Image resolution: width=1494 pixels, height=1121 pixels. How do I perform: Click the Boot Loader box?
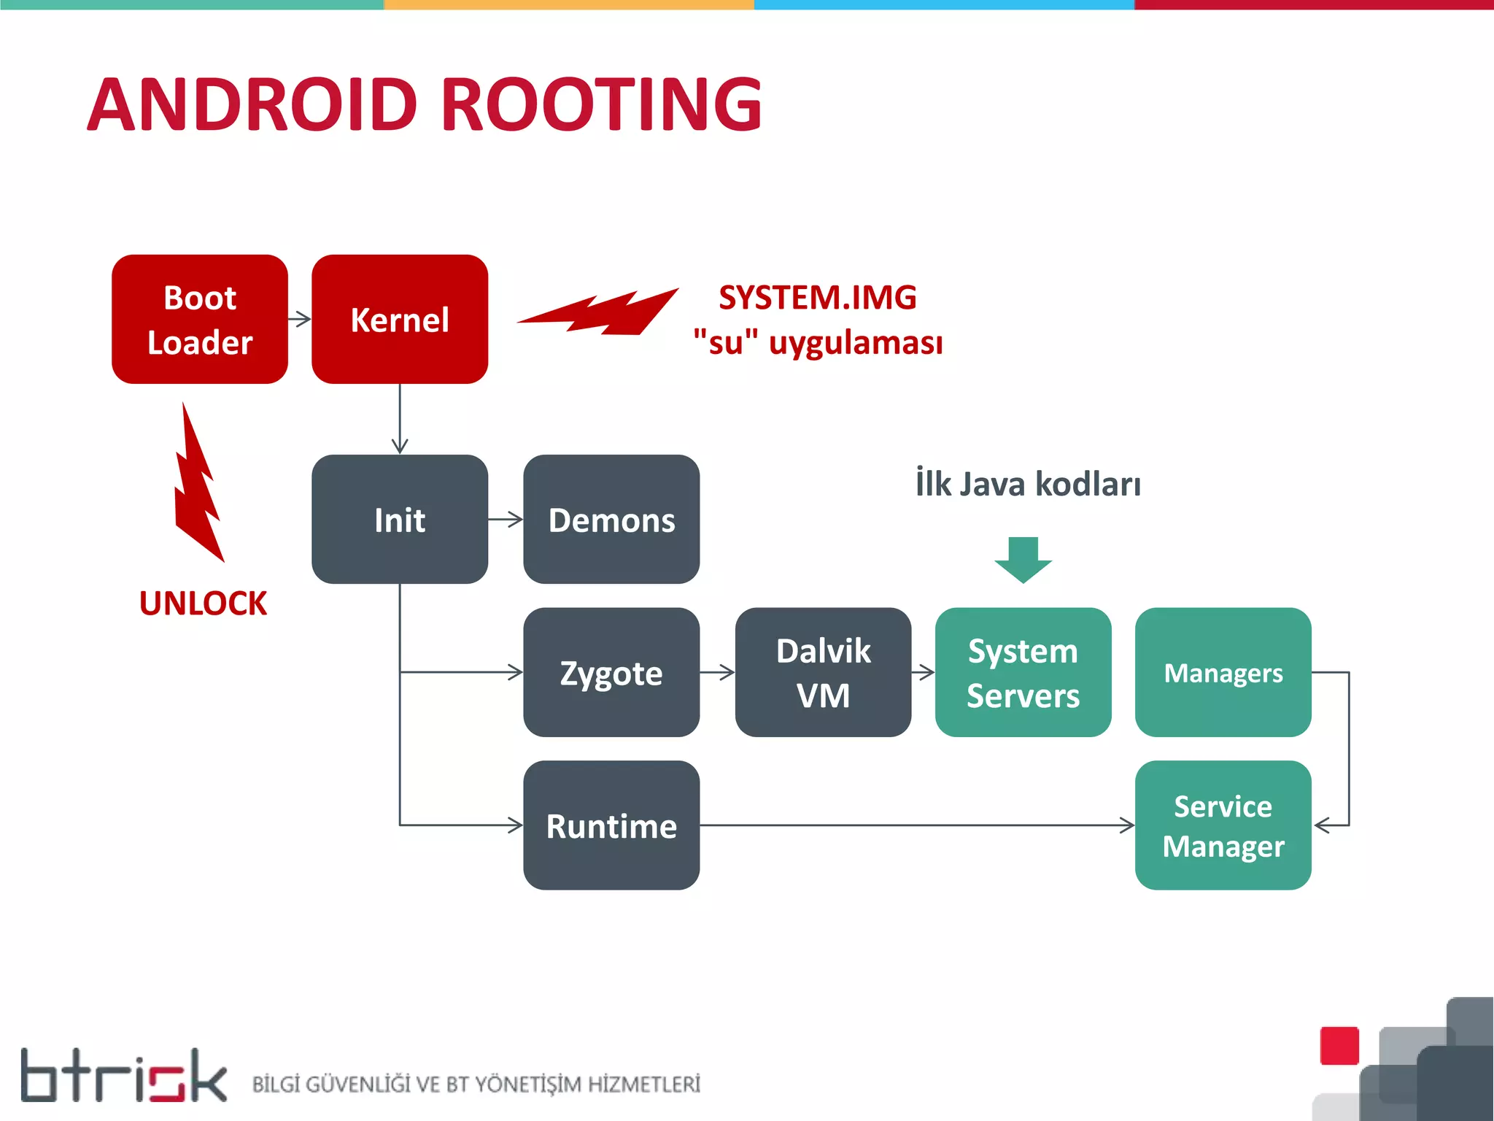[x=199, y=319]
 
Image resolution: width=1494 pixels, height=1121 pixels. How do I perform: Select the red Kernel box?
[x=399, y=319]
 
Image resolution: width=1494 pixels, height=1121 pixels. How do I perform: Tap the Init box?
[x=399, y=519]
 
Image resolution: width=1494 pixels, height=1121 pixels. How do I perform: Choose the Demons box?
[x=611, y=519]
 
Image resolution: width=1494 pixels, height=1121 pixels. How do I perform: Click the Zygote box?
[x=611, y=672]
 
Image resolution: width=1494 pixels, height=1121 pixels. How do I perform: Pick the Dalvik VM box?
[x=823, y=672]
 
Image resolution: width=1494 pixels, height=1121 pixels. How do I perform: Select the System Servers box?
[x=1023, y=672]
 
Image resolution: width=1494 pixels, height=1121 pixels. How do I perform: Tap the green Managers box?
[x=1223, y=672]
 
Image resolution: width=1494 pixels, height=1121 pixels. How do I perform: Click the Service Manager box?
[x=1223, y=825]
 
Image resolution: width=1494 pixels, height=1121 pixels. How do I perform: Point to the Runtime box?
[x=611, y=825]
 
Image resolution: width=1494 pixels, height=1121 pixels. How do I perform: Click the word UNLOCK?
[x=203, y=604]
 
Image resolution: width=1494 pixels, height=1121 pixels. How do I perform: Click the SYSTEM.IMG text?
[x=817, y=297]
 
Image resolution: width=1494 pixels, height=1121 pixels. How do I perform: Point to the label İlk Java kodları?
[x=1028, y=484]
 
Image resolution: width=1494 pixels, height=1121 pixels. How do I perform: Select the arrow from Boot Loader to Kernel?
[x=300, y=319]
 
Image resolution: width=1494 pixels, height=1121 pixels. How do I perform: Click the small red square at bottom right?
[x=1339, y=1046]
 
